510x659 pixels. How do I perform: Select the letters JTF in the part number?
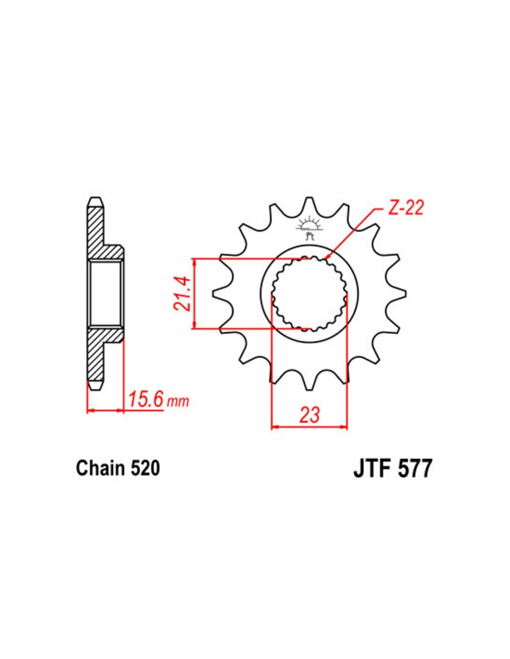tap(369, 476)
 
